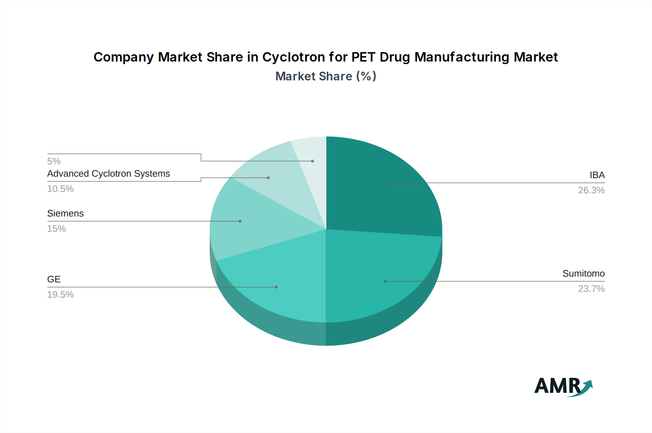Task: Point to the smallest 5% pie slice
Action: click(x=312, y=156)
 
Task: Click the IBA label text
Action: click(x=597, y=175)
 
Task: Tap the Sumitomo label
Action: click(x=583, y=274)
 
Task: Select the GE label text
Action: click(x=54, y=279)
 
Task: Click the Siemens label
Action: click(x=65, y=214)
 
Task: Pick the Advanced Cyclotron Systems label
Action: click(x=108, y=174)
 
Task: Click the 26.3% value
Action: click(x=591, y=190)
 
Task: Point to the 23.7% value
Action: click(x=591, y=289)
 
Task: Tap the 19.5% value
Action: click(x=60, y=295)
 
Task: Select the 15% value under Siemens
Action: click(x=57, y=229)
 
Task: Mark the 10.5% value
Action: click(x=60, y=189)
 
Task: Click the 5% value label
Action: click(x=54, y=161)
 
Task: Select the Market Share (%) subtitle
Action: click(x=326, y=76)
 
